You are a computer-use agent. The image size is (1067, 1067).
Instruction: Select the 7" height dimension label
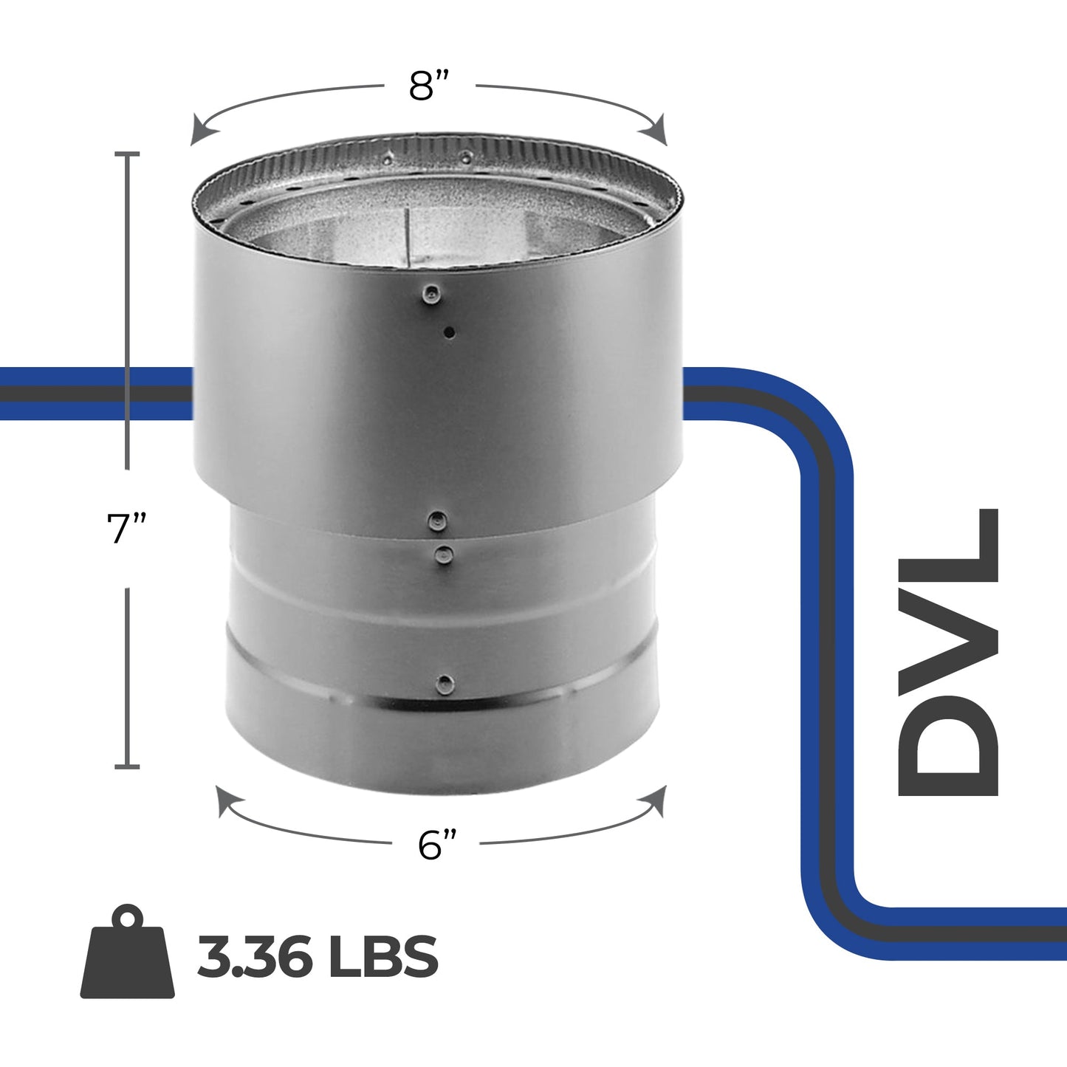pos(127,529)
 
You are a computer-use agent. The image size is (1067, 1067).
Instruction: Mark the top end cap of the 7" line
pos(128,154)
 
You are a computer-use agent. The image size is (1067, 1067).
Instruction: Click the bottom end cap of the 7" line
pos(128,767)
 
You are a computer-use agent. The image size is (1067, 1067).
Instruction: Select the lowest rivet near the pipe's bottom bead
pos(445,682)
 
